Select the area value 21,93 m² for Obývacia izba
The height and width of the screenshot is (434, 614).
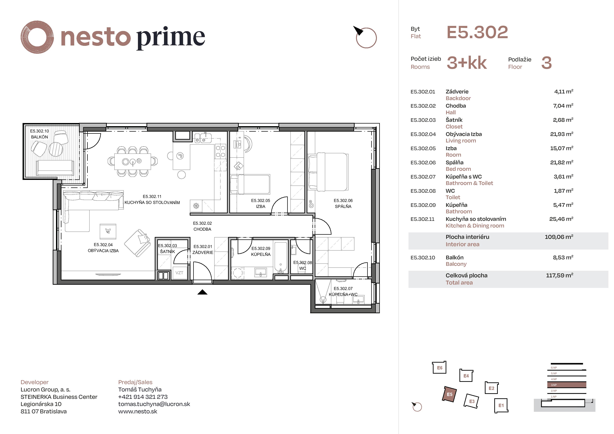tap(562, 134)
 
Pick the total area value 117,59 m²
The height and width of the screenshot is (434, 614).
tap(559, 275)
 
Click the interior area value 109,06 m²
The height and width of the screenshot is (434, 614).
tap(559, 237)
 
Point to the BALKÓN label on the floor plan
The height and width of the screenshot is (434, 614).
tap(40, 137)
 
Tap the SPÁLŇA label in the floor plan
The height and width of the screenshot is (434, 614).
tap(343, 206)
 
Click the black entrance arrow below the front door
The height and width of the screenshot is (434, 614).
tap(203, 292)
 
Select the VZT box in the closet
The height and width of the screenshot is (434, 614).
tap(179, 273)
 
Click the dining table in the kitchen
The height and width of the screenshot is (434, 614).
tap(132, 162)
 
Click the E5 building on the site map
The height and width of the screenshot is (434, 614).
tap(449, 394)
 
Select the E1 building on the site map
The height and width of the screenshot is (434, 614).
tap(501, 405)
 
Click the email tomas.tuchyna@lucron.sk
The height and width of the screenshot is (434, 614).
tap(154, 404)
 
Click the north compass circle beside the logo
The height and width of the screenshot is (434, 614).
tap(366, 38)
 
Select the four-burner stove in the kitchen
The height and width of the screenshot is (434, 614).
tap(220, 151)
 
